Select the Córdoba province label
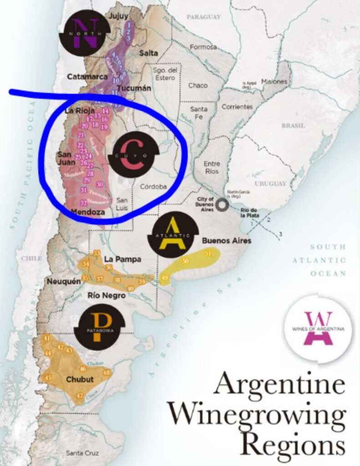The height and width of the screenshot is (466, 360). pyautogui.click(x=153, y=187)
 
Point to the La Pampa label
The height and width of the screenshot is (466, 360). pyautogui.click(x=123, y=259)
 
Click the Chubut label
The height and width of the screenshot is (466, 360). pyautogui.click(x=80, y=379)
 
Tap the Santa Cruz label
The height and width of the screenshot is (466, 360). pyautogui.click(x=83, y=453)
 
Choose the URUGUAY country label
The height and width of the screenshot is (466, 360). pyautogui.click(x=270, y=183)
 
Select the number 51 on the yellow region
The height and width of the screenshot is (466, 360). pyautogui.click(x=208, y=253)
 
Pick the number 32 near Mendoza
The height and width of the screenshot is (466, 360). pyautogui.click(x=83, y=203)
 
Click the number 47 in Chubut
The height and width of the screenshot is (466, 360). pyautogui.click(x=80, y=396)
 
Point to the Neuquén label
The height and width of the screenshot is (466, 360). pyautogui.click(x=63, y=281)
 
